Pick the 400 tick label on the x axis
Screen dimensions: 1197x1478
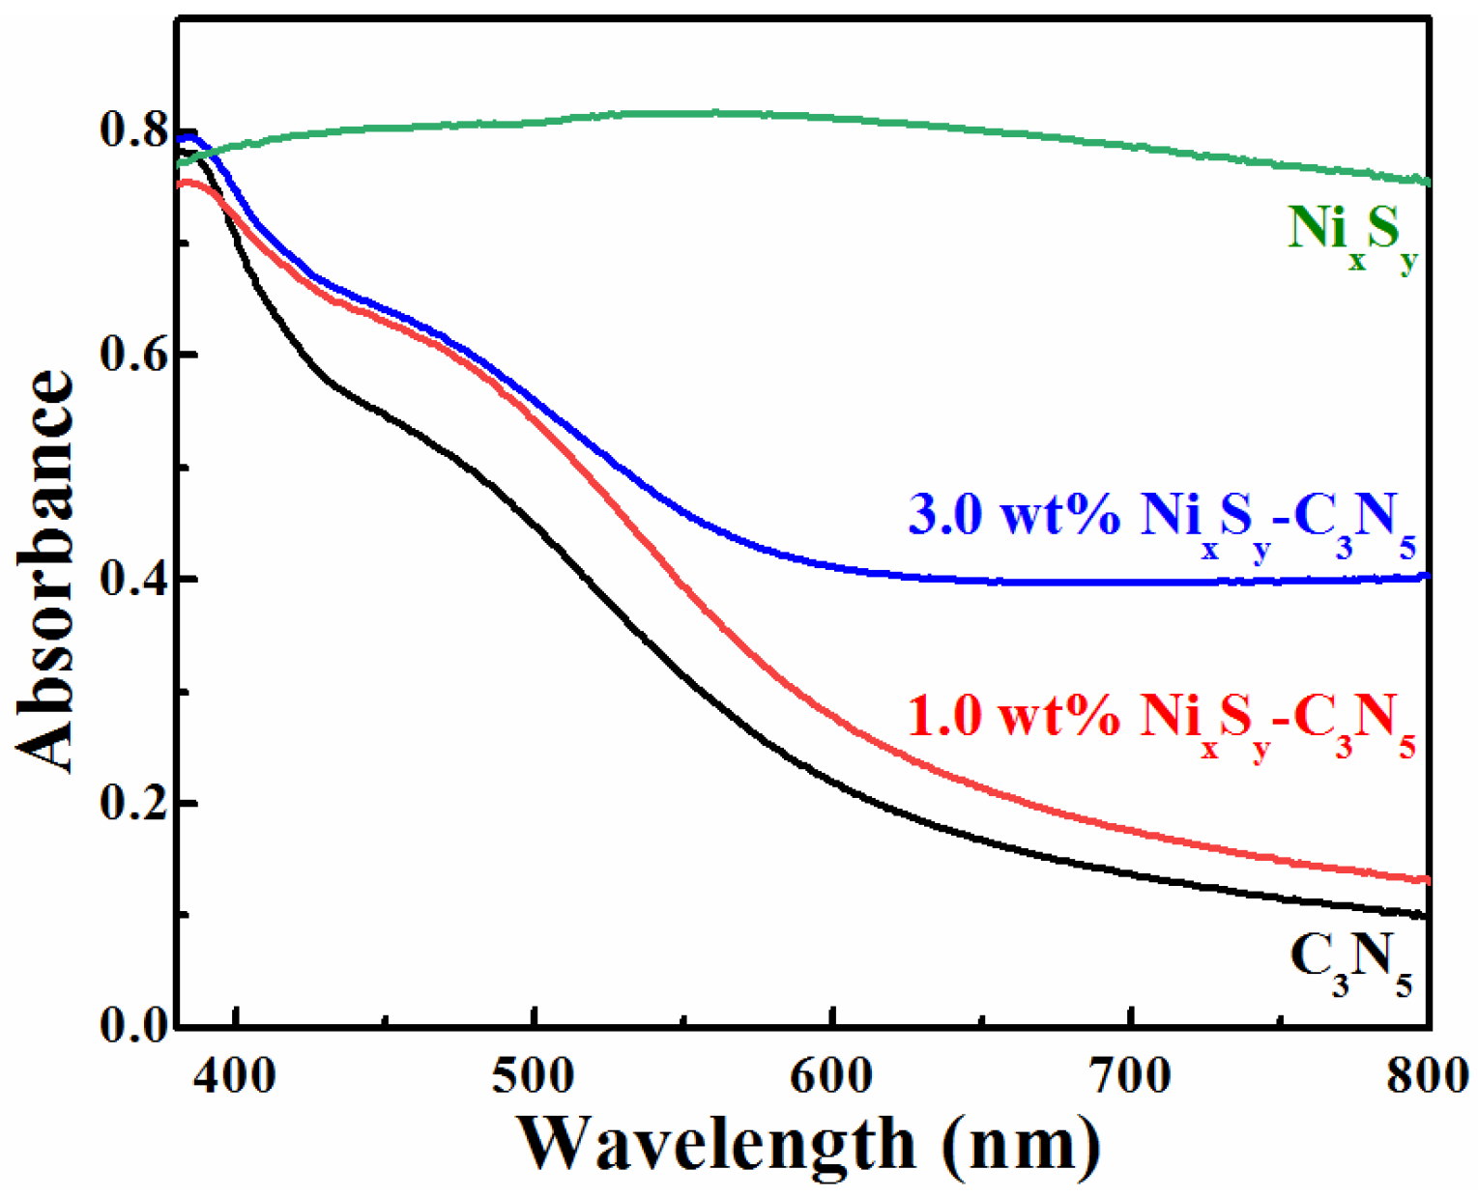point(236,1075)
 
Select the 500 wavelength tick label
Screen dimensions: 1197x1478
point(534,1075)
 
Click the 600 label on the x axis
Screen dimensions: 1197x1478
point(832,1075)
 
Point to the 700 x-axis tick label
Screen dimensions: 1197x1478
point(1130,1075)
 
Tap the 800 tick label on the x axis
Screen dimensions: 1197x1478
point(1427,1075)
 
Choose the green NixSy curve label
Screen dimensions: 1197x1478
point(1352,235)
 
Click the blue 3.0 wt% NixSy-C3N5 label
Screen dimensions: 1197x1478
point(1161,521)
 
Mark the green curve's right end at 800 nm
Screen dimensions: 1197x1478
point(1427,181)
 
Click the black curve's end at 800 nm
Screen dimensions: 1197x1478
point(1427,914)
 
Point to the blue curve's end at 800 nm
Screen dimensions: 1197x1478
point(1427,577)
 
